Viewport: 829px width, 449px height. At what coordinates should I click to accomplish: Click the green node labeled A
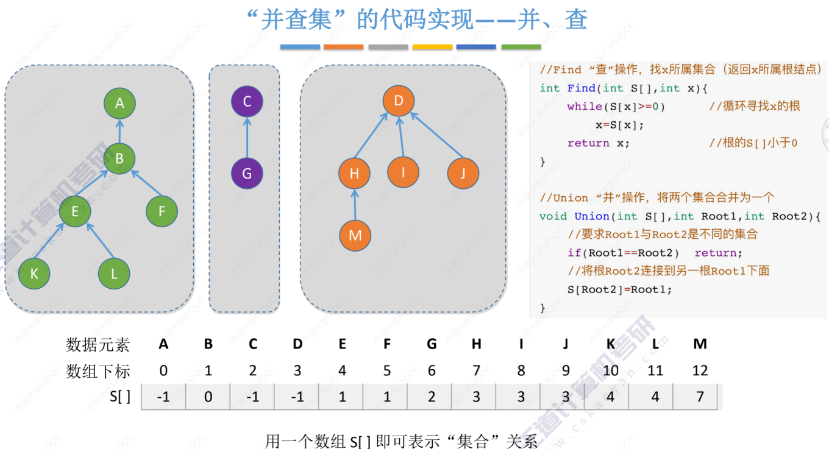119,103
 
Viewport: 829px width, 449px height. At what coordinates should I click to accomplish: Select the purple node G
247,174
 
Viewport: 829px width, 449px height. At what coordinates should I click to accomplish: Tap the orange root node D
399,101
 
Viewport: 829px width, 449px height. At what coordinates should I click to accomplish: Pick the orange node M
355,236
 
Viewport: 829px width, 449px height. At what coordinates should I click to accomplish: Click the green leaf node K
34,274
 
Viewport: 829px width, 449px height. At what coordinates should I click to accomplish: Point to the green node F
162,211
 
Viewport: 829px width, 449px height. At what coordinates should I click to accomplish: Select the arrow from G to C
247,138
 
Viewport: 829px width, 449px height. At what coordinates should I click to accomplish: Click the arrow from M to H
355,205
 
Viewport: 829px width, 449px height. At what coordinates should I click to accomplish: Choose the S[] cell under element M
700,397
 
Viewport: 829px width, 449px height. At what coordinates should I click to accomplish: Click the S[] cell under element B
208,397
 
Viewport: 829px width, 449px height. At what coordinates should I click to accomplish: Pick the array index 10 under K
610,370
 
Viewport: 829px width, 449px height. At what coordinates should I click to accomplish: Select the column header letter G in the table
432,344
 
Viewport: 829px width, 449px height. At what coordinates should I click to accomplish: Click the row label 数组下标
98,370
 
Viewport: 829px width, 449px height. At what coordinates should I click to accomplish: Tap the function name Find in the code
581,88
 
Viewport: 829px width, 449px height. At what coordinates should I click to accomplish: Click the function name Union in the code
591,216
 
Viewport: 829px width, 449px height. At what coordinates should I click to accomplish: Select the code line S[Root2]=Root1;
619,289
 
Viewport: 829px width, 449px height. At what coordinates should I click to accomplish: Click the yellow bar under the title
432,47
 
